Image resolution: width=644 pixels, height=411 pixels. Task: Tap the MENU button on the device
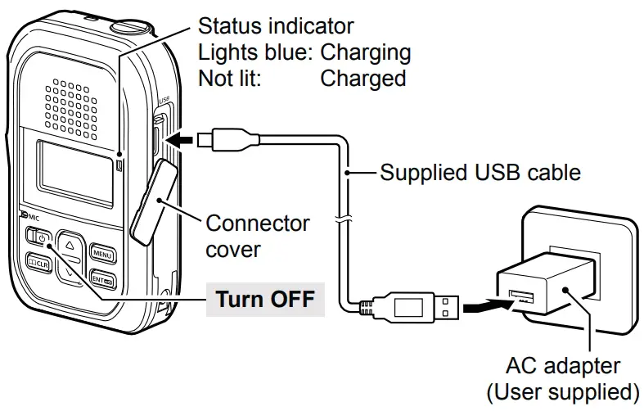pyautogui.click(x=102, y=253)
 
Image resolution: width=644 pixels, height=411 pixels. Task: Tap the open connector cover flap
pyautogui.click(x=152, y=200)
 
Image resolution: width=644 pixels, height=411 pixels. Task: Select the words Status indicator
pyautogui.click(x=277, y=26)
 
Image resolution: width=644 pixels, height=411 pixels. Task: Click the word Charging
pyautogui.click(x=365, y=53)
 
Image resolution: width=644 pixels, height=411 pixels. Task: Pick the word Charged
pyautogui.click(x=363, y=79)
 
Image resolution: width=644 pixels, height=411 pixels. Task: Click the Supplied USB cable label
pyautogui.click(x=480, y=173)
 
